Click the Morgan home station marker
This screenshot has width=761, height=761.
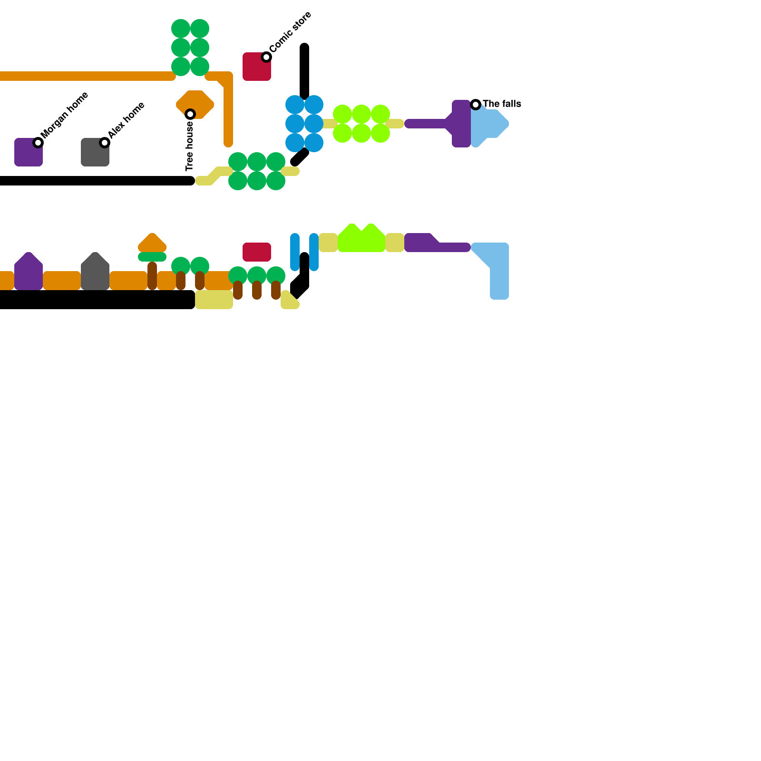pyautogui.click(x=38, y=143)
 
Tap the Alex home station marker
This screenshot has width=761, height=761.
pyautogui.click(x=105, y=143)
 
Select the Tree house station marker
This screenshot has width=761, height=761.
pyautogui.click(x=190, y=114)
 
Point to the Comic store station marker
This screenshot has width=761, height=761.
pyautogui.click(x=266, y=57)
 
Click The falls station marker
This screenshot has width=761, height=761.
pyautogui.click(x=476, y=105)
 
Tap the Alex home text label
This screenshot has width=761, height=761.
pyautogui.click(x=126, y=120)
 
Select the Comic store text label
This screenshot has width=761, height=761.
pyautogui.click(x=291, y=32)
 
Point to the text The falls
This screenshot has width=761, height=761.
pyautogui.click(x=502, y=104)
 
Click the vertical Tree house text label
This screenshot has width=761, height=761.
pyautogui.click(x=190, y=146)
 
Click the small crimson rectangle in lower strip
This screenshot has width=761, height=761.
pyautogui.click(x=257, y=252)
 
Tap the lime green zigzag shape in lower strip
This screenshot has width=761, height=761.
pyautogui.click(x=361, y=240)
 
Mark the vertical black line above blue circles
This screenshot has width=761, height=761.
pyautogui.click(x=304, y=71)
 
